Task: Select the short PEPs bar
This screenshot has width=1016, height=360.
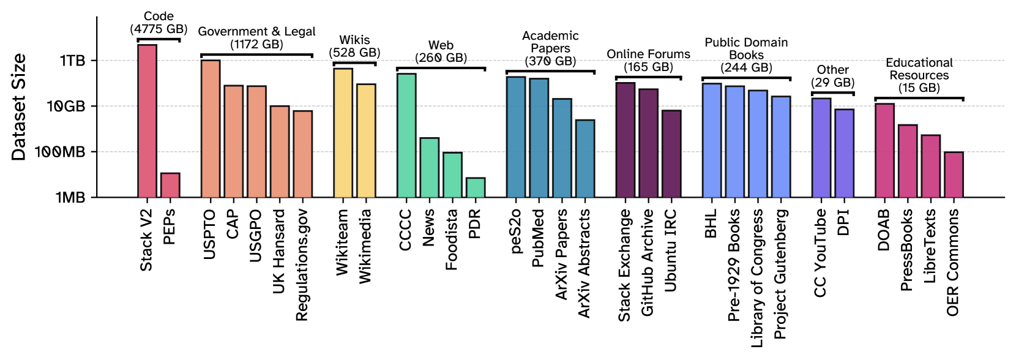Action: [x=170, y=185]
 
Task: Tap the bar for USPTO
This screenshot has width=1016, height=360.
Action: [x=211, y=129]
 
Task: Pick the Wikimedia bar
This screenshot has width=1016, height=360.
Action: [x=366, y=140]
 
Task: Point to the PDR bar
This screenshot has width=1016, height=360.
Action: [x=476, y=187]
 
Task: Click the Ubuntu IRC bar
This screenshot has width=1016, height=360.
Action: [x=671, y=154]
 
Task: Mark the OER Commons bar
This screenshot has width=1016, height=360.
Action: [x=954, y=174]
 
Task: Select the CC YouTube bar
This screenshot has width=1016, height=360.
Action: [x=821, y=148]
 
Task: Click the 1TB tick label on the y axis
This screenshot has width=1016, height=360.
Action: [x=72, y=61]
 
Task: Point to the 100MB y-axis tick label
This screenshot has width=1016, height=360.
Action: [x=60, y=152]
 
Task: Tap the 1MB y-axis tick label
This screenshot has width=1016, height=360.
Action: [x=70, y=198]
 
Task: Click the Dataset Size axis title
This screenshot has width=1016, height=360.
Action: [x=19, y=107]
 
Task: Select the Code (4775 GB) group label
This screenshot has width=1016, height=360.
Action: [x=159, y=23]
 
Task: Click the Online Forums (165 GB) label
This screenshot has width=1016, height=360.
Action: [x=648, y=61]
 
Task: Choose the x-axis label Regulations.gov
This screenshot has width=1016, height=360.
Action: [x=302, y=264]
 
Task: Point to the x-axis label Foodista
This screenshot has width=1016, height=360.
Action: [x=452, y=239]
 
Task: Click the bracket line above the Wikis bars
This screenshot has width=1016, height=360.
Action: [x=354, y=63]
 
